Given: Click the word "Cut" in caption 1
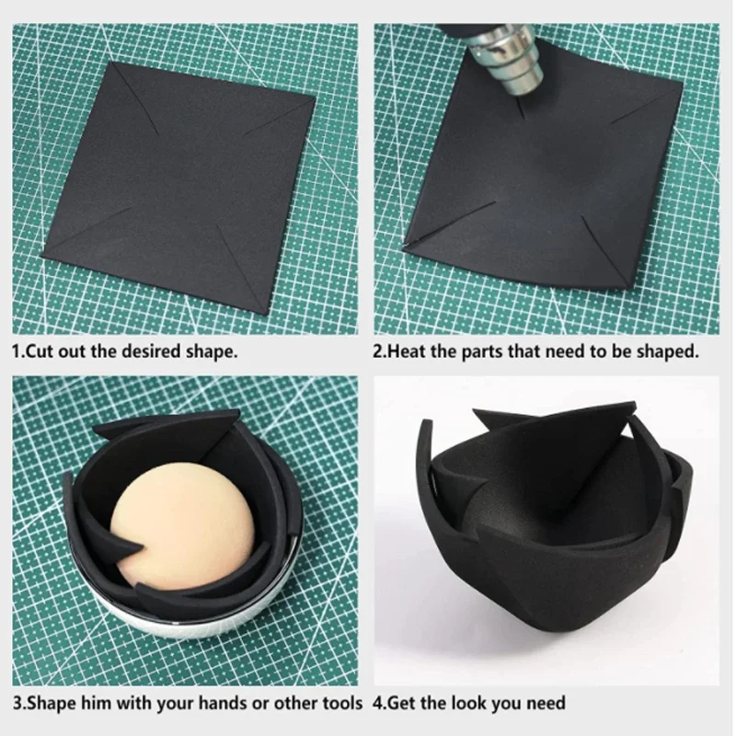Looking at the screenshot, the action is tap(39, 351).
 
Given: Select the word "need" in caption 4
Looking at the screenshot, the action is tap(546, 703).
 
